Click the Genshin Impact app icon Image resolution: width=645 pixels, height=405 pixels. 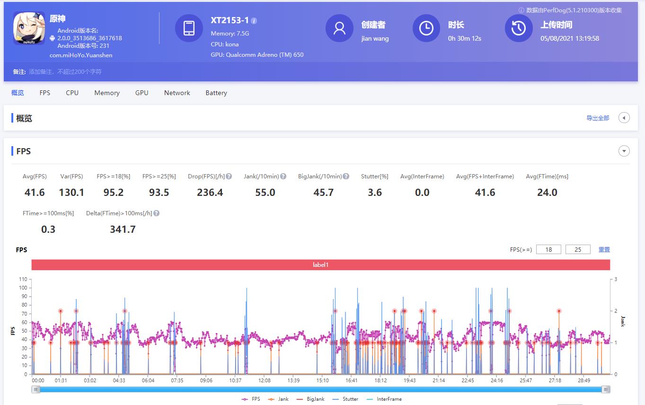click(29, 28)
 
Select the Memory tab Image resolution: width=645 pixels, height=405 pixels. click(107, 93)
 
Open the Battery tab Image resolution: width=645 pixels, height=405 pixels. click(216, 93)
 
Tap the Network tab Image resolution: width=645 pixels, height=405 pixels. click(177, 93)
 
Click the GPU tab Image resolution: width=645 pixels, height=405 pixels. click(141, 93)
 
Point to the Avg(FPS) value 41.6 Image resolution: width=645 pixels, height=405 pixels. click(35, 193)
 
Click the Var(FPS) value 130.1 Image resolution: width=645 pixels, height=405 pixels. click(71, 193)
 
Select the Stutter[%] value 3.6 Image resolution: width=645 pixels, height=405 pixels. click(375, 193)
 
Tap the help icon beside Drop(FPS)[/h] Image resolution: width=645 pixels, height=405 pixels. click(229, 176)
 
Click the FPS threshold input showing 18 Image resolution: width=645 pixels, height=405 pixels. click(548, 249)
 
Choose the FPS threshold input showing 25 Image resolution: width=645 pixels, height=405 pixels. click(578, 249)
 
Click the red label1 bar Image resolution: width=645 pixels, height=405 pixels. click(320, 265)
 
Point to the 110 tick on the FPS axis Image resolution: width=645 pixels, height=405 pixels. click(23, 279)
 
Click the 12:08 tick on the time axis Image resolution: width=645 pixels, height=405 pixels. click(264, 380)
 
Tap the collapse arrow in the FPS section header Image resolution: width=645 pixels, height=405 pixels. click(624, 151)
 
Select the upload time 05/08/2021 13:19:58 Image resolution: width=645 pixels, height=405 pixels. click(570, 38)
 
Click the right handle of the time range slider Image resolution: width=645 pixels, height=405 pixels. click(606, 389)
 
